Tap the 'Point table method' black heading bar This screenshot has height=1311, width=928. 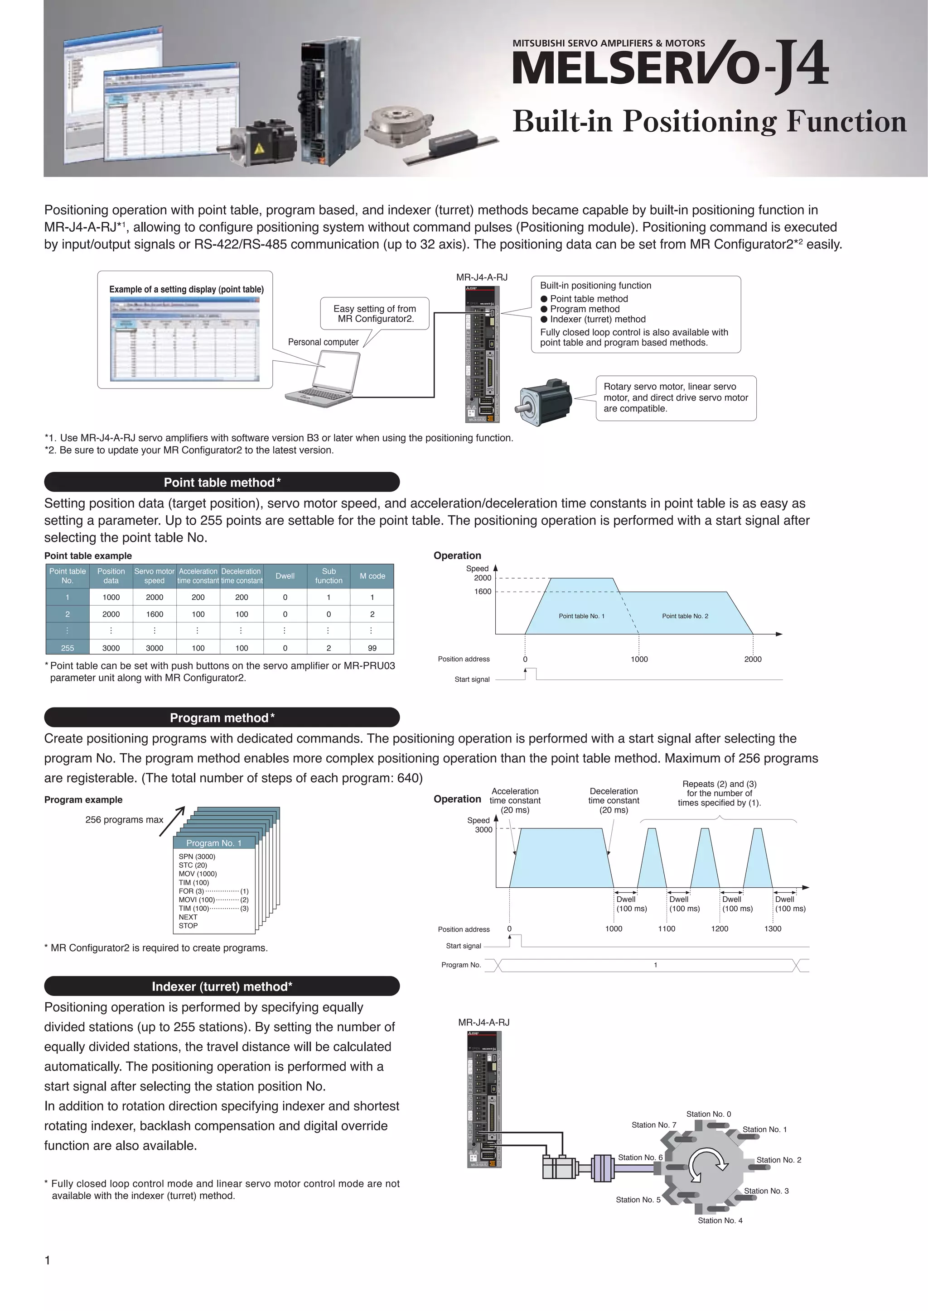[x=222, y=482]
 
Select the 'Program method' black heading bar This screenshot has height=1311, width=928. [x=222, y=717]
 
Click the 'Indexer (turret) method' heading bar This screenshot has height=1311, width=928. [x=222, y=986]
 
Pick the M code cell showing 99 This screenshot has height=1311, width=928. [x=372, y=647]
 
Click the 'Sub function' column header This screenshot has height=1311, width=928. [x=329, y=575]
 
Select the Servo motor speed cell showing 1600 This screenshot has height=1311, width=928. [x=154, y=614]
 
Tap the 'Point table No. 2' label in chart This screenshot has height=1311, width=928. [x=685, y=616]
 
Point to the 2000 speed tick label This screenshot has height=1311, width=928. [x=482, y=578]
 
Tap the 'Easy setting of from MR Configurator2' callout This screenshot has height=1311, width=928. [x=375, y=313]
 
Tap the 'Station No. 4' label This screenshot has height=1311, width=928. [x=720, y=1220]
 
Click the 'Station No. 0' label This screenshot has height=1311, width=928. [x=708, y=1114]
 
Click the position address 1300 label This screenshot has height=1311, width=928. [x=773, y=928]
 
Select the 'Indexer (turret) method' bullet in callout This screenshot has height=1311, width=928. [x=597, y=319]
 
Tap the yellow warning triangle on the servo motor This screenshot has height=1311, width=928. [x=259, y=149]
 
